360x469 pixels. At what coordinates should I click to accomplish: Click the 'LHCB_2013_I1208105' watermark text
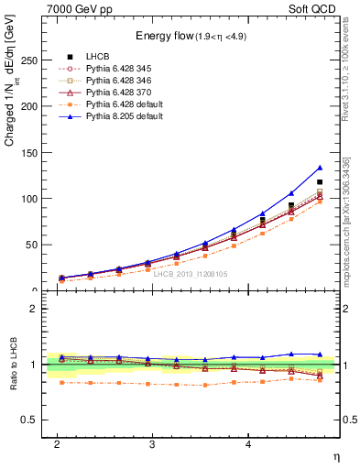pos(190,274)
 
